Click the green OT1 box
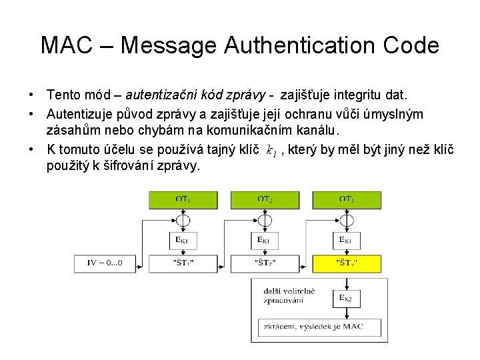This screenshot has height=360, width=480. point(183,199)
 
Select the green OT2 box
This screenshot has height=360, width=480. point(265,199)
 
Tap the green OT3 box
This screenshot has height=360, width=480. point(347,199)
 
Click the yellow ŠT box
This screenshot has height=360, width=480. point(347,263)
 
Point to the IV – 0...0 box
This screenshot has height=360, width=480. point(107,263)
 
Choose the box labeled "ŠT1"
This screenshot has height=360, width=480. point(183,263)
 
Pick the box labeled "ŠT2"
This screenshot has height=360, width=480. point(265,263)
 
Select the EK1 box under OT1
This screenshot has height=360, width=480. point(183,240)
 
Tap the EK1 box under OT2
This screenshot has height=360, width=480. point(265,240)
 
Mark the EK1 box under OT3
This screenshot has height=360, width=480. point(347,240)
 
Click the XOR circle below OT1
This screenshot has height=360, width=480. point(183,220)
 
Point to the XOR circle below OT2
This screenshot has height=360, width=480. point(265,220)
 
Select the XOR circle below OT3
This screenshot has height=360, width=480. point(347,220)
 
